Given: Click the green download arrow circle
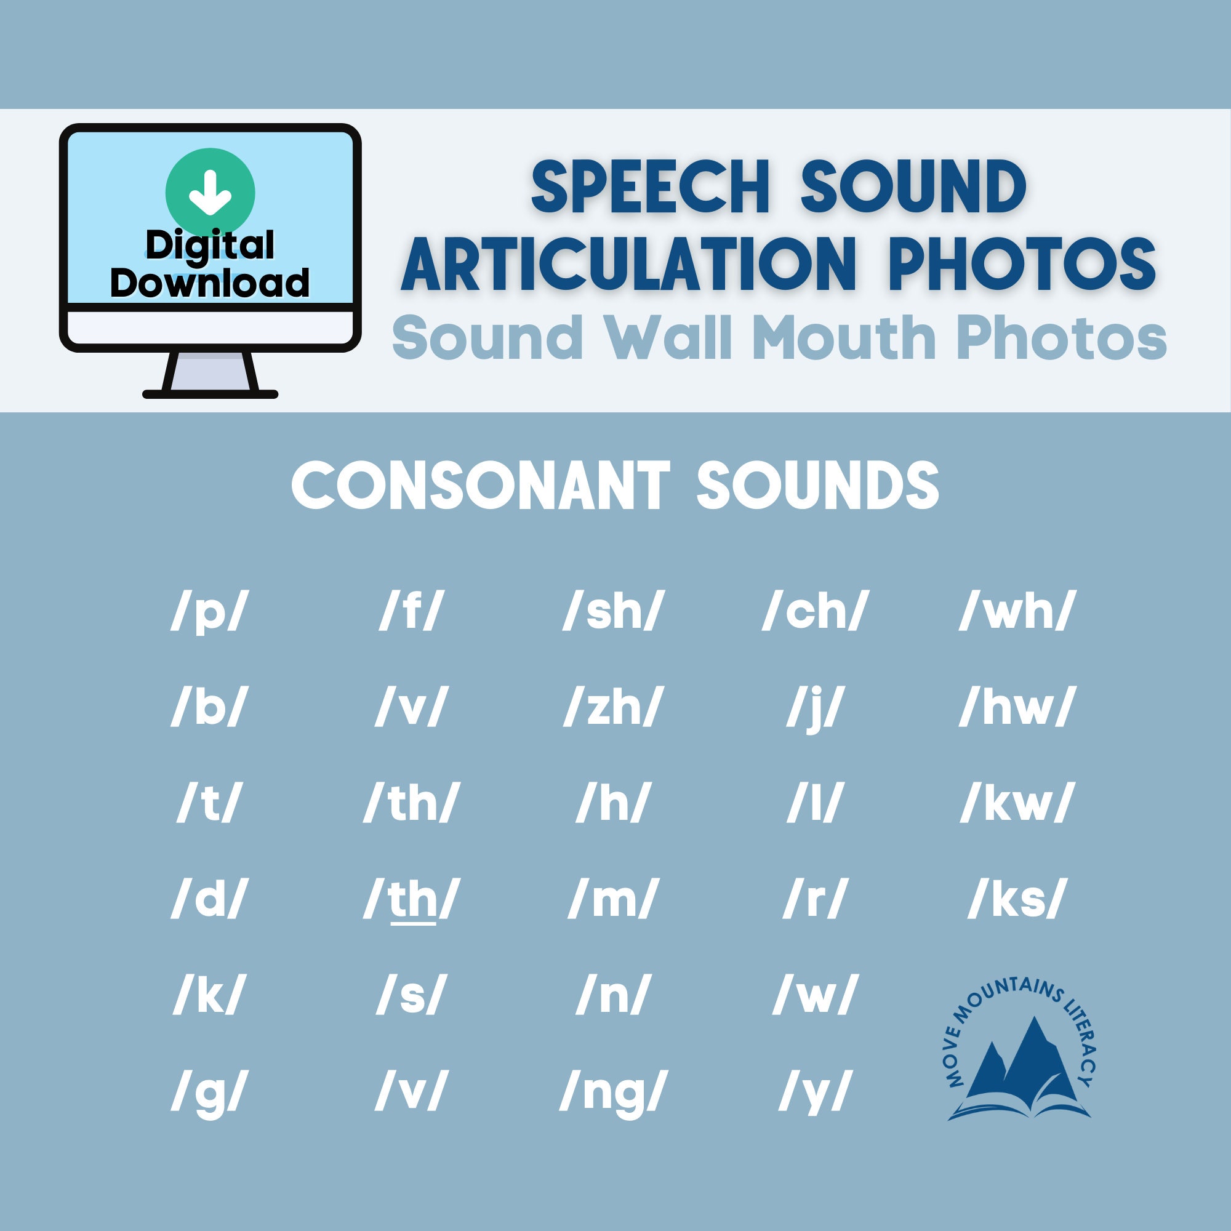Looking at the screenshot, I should pyautogui.click(x=211, y=193).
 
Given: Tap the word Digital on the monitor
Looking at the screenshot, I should pyautogui.click(x=211, y=246).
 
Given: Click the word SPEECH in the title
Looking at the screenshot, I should pyautogui.click(x=651, y=188).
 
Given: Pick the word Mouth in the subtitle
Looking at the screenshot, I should pyautogui.click(x=844, y=338).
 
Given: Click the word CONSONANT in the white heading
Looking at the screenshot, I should pyautogui.click(x=481, y=486).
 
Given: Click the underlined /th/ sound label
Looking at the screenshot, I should pyautogui.click(x=412, y=900).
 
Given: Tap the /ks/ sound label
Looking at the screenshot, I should pyautogui.click(x=1016, y=900).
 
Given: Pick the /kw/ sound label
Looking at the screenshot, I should pyautogui.click(x=1016, y=803).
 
